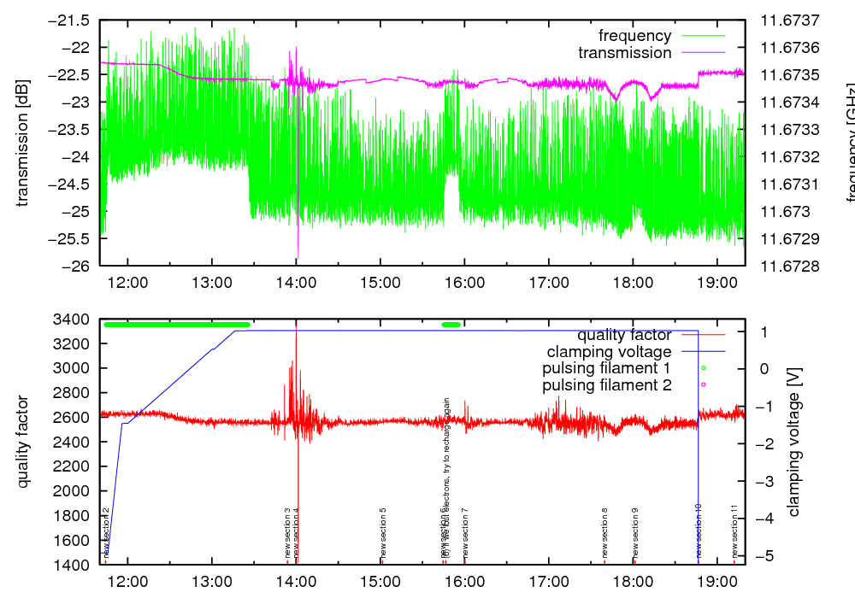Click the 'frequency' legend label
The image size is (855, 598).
click(634, 36)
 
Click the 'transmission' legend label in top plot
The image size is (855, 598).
click(624, 53)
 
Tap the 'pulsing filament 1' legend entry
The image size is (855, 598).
click(605, 368)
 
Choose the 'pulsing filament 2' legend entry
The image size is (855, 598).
click(605, 385)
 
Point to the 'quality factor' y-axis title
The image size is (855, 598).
click(23, 442)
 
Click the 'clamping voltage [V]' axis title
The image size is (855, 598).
click(794, 442)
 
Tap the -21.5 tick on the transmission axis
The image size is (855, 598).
click(72, 21)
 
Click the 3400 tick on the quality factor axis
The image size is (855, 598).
click(72, 320)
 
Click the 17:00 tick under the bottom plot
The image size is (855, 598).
click(548, 580)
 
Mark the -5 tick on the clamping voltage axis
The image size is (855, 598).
click(761, 555)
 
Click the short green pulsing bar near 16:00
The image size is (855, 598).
click(451, 325)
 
